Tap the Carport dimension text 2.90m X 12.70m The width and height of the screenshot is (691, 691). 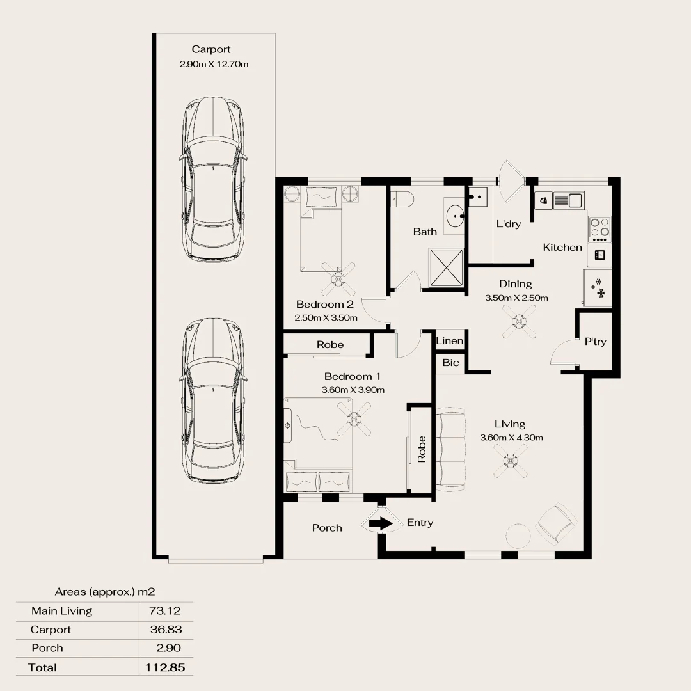214,64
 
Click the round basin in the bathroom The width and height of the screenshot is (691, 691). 456,216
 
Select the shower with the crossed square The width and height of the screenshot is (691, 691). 443,267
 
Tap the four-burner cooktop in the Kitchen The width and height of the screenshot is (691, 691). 600,226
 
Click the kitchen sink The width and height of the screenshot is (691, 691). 567,200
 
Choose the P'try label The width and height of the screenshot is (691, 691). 595,342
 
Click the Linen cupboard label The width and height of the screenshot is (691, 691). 449,341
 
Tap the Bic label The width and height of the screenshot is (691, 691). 450,363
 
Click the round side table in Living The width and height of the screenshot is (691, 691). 519,535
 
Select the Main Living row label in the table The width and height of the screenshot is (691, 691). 61,611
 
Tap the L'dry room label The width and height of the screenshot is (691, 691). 509,224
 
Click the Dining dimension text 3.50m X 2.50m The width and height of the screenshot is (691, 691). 516,298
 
